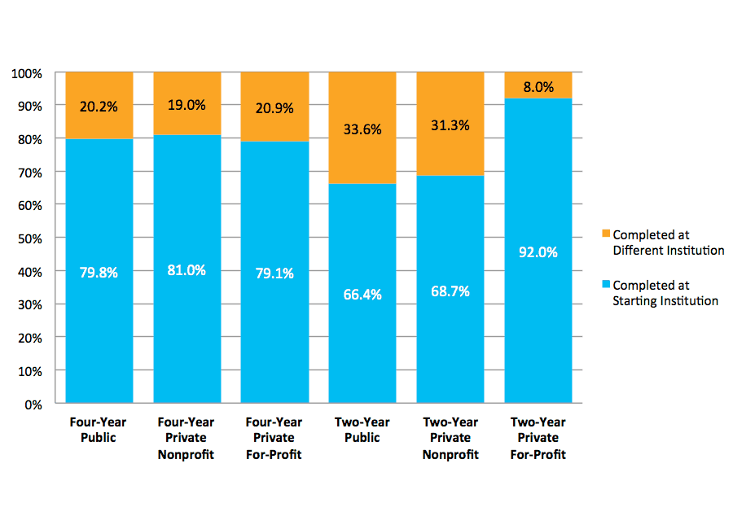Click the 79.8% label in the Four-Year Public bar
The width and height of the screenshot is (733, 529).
(x=99, y=273)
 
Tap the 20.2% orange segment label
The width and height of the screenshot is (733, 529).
(x=99, y=105)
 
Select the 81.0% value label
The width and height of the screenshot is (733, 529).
(x=187, y=270)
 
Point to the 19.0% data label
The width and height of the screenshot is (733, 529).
(x=187, y=104)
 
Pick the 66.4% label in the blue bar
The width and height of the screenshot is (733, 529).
(x=362, y=295)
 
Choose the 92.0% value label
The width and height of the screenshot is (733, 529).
(x=538, y=252)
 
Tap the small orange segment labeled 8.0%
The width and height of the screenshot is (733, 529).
(x=538, y=86)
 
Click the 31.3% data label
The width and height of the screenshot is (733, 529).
(x=450, y=125)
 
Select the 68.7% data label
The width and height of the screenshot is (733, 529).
(x=450, y=291)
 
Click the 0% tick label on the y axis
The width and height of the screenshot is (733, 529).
(x=33, y=404)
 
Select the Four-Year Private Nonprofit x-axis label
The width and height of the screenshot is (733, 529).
(x=186, y=438)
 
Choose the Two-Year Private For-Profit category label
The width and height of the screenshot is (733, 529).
(x=538, y=438)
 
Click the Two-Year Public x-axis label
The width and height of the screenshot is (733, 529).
(x=362, y=430)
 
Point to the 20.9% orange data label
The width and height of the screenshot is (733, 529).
(x=274, y=107)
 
